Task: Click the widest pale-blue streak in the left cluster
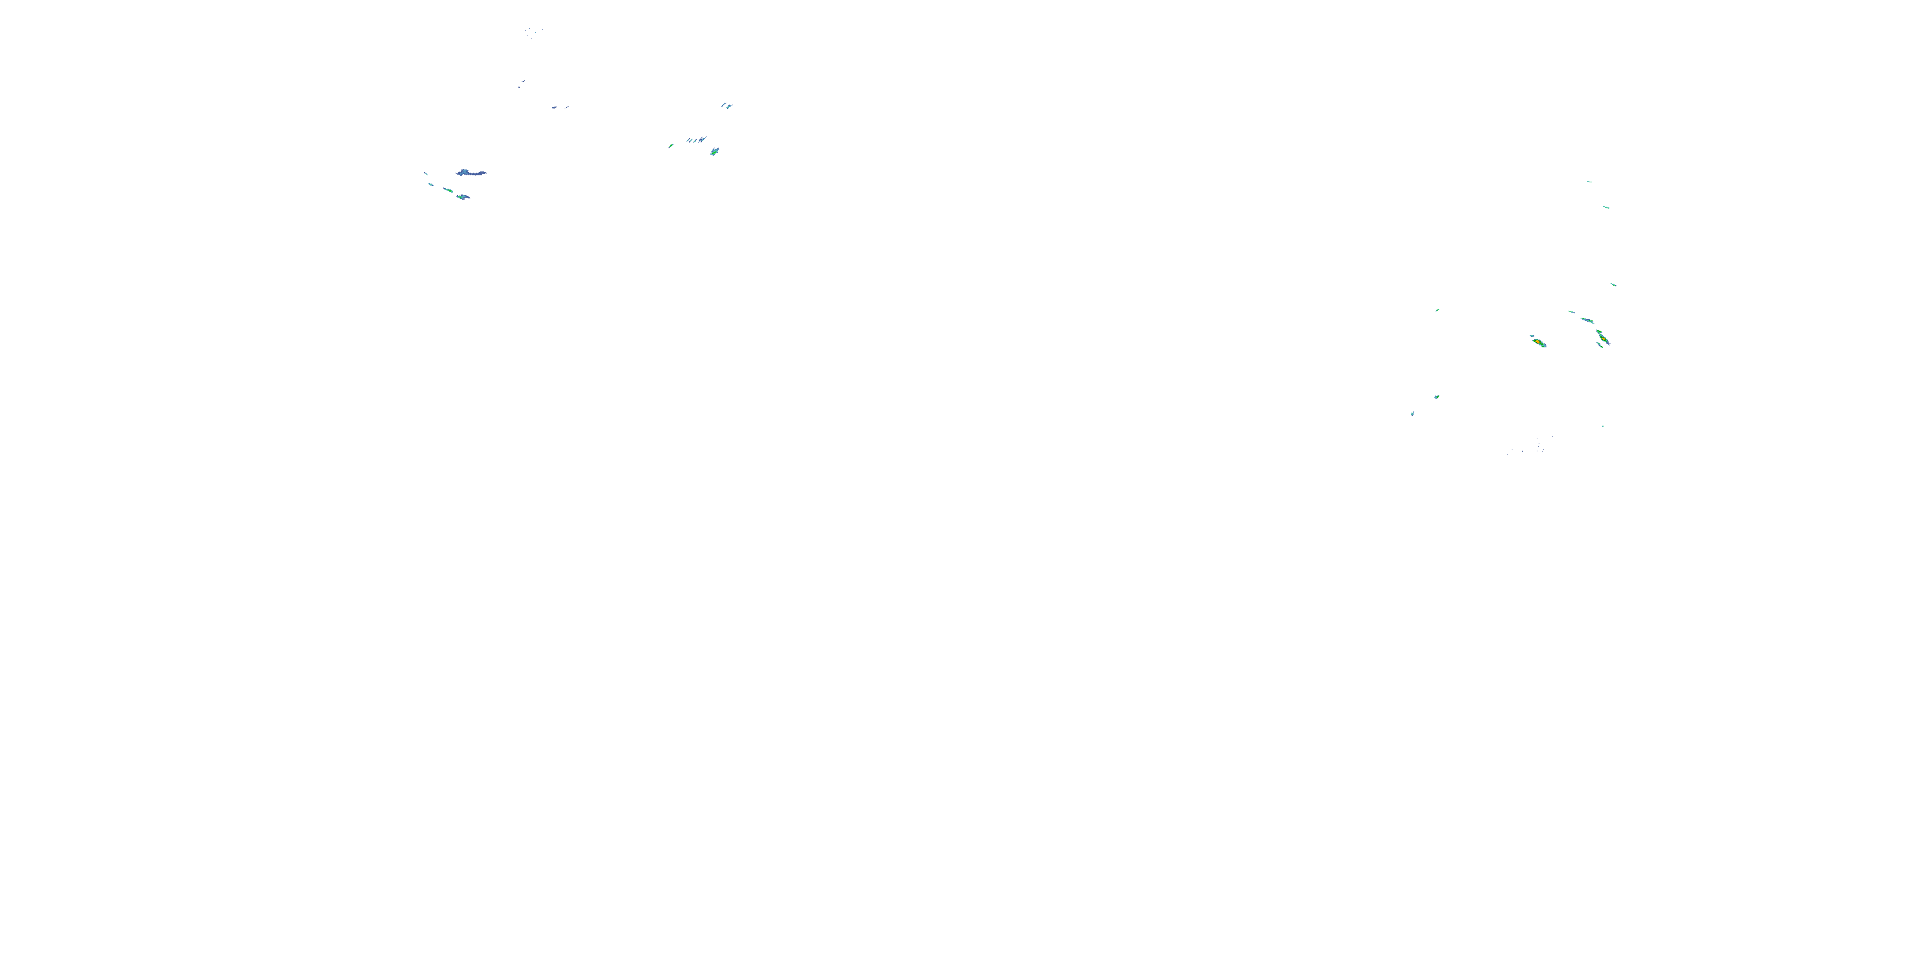[471, 173]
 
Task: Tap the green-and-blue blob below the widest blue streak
[463, 196]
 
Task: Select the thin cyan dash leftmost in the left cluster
[426, 173]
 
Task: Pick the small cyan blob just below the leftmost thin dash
[431, 184]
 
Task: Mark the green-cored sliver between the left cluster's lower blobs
[448, 191]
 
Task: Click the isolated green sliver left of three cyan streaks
[671, 146]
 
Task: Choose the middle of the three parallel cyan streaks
[696, 140]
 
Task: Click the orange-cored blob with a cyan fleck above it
[1538, 342]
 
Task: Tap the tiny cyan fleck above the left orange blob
[1532, 336]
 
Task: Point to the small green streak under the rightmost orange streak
[1600, 345]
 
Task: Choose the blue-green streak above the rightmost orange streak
[1586, 320]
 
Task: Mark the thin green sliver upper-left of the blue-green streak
[1571, 312]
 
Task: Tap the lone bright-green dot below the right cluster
[1602, 426]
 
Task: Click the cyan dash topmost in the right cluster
[1589, 182]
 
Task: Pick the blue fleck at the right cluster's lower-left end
[1412, 413]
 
